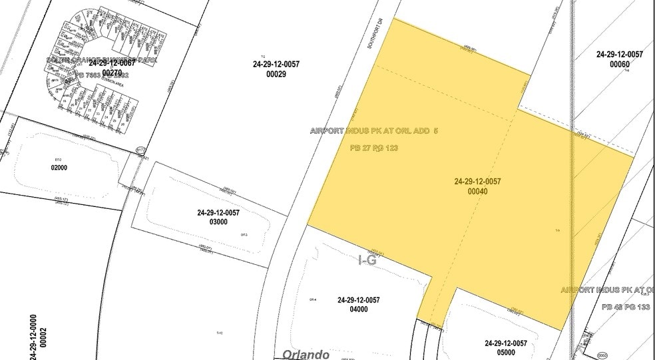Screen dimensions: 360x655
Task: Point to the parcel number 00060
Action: pyautogui.click(x=620, y=64)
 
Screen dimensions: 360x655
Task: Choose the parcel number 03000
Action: pyautogui.click(x=218, y=222)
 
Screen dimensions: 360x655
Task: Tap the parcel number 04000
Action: pyautogui.click(x=358, y=309)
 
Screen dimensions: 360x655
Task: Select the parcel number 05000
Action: pyautogui.click(x=505, y=353)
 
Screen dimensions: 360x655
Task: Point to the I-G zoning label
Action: pyautogui.click(x=367, y=261)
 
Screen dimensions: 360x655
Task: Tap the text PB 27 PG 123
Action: pyautogui.click(x=373, y=148)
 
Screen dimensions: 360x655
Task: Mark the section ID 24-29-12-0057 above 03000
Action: pyautogui.click(x=218, y=213)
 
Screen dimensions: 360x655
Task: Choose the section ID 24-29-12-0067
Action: pyautogui.click(x=112, y=64)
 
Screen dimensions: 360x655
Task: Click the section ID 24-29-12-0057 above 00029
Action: pyautogui.click(x=276, y=64)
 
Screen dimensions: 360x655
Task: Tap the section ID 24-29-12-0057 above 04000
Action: pyautogui.click(x=358, y=300)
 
